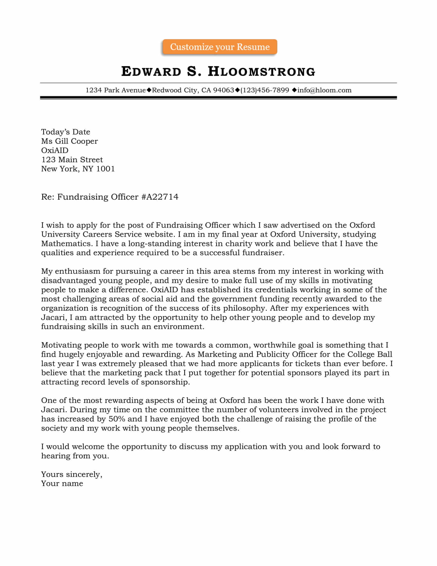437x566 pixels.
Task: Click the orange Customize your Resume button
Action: click(220, 47)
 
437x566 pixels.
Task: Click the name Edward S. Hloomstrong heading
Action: click(218, 72)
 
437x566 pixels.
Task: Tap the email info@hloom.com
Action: click(324, 90)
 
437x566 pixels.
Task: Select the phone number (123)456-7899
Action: click(265, 90)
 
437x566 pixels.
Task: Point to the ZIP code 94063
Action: click(223, 90)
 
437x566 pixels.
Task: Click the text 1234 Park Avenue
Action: click(115, 90)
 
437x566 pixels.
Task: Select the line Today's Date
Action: click(66, 132)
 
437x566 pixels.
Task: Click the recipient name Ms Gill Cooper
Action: click(69, 141)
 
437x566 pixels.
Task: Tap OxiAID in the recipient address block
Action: click(54, 150)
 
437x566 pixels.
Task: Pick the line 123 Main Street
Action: click(72, 160)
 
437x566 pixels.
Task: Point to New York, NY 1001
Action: click(78, 169)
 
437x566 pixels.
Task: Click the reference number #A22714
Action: click(160, 197)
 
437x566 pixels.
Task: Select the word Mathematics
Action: click(67, 244)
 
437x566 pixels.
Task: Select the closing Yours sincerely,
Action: click(71, 474)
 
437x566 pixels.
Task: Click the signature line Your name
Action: click(62, 484)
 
